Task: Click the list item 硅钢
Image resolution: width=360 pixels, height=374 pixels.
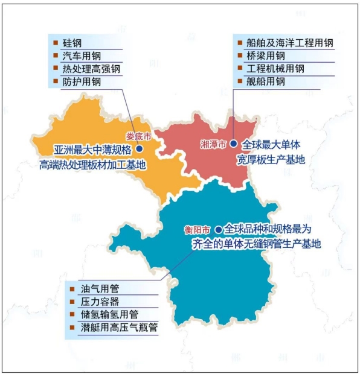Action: pos(72,43)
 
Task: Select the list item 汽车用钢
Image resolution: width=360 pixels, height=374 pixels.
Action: pos(82,56)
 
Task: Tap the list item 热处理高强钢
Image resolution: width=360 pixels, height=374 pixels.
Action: pos(92,69)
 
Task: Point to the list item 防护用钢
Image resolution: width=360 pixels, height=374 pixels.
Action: pos(82,81)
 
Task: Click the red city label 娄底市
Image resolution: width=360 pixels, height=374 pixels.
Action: pos(138,136)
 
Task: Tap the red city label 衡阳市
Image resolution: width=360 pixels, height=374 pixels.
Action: pos(198,230)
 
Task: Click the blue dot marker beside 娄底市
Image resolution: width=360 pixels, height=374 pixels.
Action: pos(140,148)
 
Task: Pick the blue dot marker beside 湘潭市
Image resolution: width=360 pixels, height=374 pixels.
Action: pos(233,145)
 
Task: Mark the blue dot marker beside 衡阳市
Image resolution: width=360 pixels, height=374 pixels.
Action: pos(217,230)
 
